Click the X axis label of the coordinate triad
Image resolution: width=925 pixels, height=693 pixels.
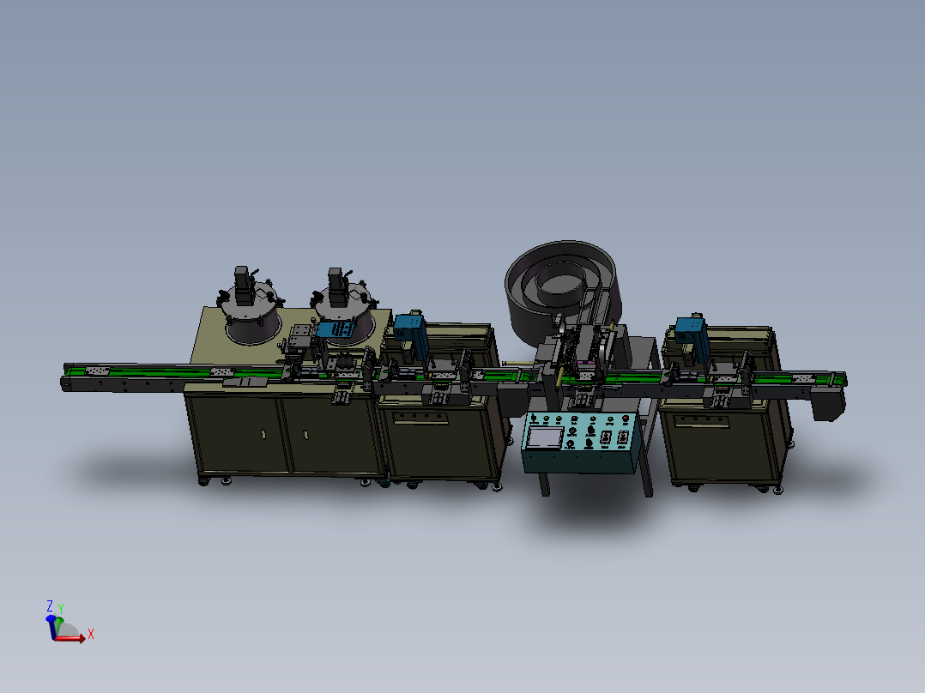coord(91,635)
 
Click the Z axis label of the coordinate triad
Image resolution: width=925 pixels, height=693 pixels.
coord(50,606)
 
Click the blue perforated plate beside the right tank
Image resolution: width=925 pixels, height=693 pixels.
coord(336,329)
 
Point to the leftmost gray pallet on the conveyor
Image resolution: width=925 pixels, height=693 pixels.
coord(96,371)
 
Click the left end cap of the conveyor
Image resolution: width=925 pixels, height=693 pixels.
coord(65,383)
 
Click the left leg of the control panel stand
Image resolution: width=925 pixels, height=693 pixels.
coord(545,484)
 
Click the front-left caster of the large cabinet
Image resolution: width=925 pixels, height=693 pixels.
coord(204,480)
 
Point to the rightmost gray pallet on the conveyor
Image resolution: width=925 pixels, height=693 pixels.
coord(801,377)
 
